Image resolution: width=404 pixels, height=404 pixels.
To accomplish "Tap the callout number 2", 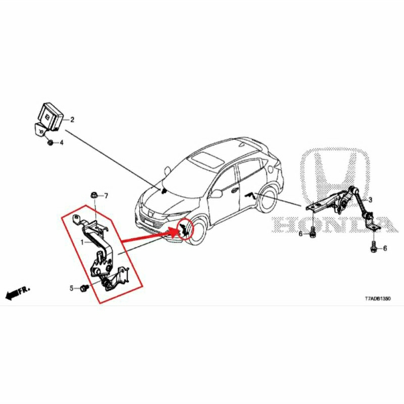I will pos(72,120).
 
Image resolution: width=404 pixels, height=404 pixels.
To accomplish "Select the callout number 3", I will pos(370,200).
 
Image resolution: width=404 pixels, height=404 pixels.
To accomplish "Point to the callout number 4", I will pos(62,143).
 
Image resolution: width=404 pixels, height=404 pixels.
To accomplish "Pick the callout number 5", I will pos(71,288).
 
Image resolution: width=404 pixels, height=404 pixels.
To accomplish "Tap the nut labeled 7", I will pos(94,195).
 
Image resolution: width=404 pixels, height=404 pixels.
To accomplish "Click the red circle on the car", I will pos(184,229).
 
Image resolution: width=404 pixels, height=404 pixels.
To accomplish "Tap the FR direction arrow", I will pos(17,293).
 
